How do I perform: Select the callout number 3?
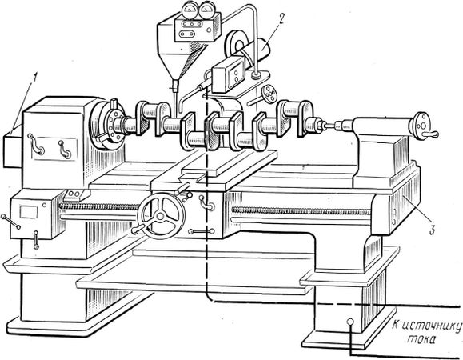click(432, 230)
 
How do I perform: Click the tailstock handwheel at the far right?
click(420, 126)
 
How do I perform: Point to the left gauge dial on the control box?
click(189, 10)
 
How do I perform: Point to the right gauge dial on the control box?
click(206, 10)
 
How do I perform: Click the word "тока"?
click(421, 339)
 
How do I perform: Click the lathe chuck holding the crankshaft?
click(107, 124)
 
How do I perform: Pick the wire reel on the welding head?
click(235, 43)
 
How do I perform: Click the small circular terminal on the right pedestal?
click(350, 322)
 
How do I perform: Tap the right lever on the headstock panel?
click(65, 150)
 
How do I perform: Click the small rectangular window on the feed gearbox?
click(29, 212)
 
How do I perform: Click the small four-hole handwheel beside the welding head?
click(269, 94)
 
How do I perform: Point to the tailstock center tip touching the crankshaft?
click(327, 126)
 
